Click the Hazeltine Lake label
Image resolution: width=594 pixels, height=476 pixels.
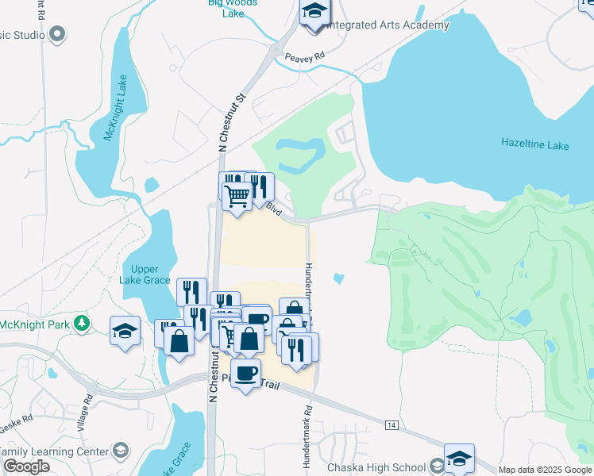534,144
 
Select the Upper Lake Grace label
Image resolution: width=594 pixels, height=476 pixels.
145,275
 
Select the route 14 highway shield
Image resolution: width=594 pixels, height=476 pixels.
391,425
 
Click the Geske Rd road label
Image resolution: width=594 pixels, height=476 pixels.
16,419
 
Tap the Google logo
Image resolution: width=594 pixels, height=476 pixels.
25,466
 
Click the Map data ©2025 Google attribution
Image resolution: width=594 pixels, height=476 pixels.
544,470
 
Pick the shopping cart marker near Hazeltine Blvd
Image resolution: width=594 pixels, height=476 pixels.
237,194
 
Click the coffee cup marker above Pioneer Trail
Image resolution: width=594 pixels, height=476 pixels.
245,373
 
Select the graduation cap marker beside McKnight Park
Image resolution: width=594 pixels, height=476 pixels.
125,330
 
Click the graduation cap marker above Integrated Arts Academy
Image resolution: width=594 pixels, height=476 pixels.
314,12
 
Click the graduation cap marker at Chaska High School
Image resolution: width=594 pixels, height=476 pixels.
459,458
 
